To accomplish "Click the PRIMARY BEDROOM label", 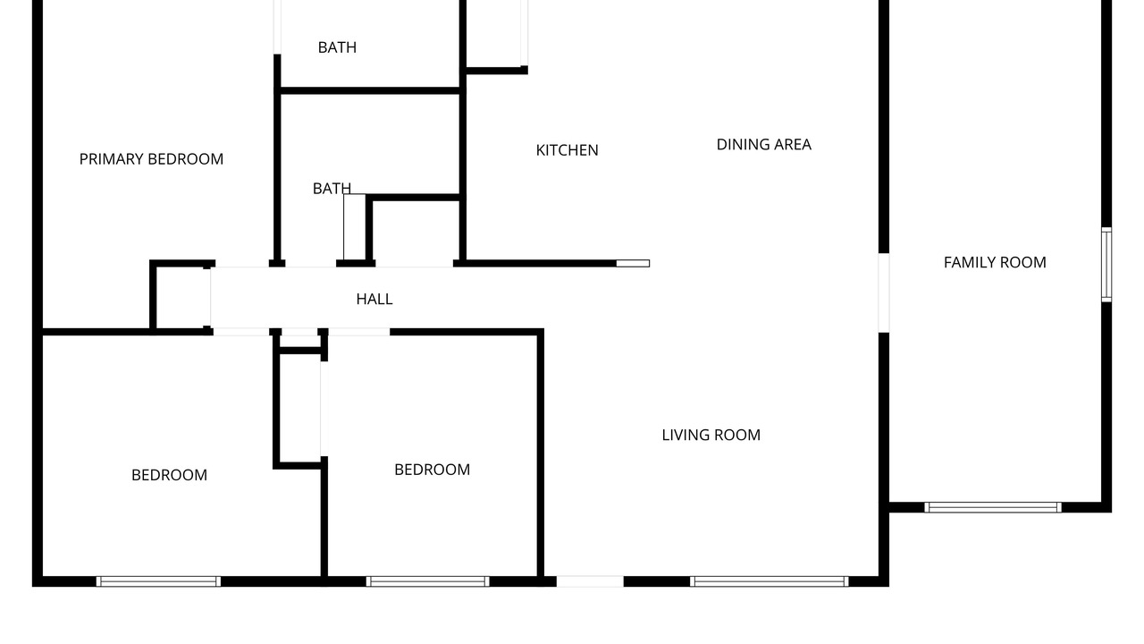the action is pyautogui.click(x=151, y=159).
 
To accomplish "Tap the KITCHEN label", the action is pyautogui.click(x=567, y=150).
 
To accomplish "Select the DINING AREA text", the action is pyautogui.click(x=763, y=145).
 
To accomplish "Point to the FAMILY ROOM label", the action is pyautogui.click(x=995, y=263).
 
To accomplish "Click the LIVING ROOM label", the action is pyautogui.click(x=711, y=435).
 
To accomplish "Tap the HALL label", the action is pyautogui.click(x=374, y=299).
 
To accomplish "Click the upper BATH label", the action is pyautogui.click(x=337, y=47).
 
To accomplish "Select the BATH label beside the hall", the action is pyautogui.click(x=332, y=189).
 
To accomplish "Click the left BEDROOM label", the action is pyautogui.click(x=169, y=475).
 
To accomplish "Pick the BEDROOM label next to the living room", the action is pyautogui.click(x=432, y=470).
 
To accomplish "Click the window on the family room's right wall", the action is pyautogui.click(x=1106, y=265).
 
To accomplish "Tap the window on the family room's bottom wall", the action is pyautogui.click(x=993, y=507).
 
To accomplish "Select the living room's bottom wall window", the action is pyautogui.click(x=770, y=581).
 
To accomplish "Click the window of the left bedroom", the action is pyautogui.click(x=158, y=581).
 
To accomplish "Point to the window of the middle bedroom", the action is pyautogui.click(x=427, y=581).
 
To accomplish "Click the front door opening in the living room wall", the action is pyautogui.click(x=590, y=581).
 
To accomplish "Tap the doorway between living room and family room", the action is pyautogui.click(x=884, y=292).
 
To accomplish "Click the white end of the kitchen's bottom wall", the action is pyautogui.click(x=633, y=264).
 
